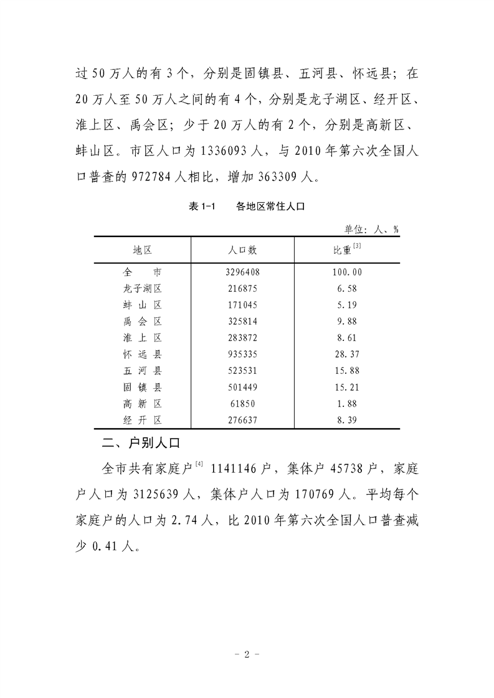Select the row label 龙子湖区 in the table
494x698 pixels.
(143, 289)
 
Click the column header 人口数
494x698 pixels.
(242, 250)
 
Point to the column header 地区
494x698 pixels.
(143, 250)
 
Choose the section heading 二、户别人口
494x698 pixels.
(140, 444)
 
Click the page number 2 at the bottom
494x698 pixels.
(247, 654)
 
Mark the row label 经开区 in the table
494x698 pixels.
(143, 420)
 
